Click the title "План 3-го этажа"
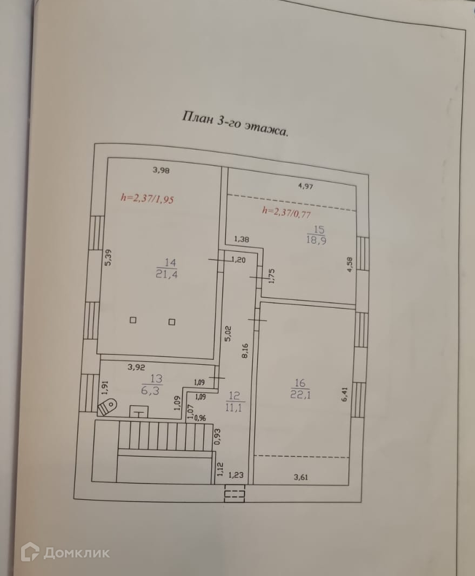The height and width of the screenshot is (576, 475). point(235,125)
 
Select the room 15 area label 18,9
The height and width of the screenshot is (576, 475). point(315,240)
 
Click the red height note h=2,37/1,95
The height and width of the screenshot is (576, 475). point(146,199)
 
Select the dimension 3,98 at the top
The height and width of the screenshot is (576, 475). point(161,171)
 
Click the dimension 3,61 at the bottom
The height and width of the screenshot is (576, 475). point(302,477)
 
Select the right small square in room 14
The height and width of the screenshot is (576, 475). point(172,323)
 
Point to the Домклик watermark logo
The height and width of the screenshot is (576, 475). point(65,553)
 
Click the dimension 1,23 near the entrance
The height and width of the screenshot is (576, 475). point(236,475)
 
